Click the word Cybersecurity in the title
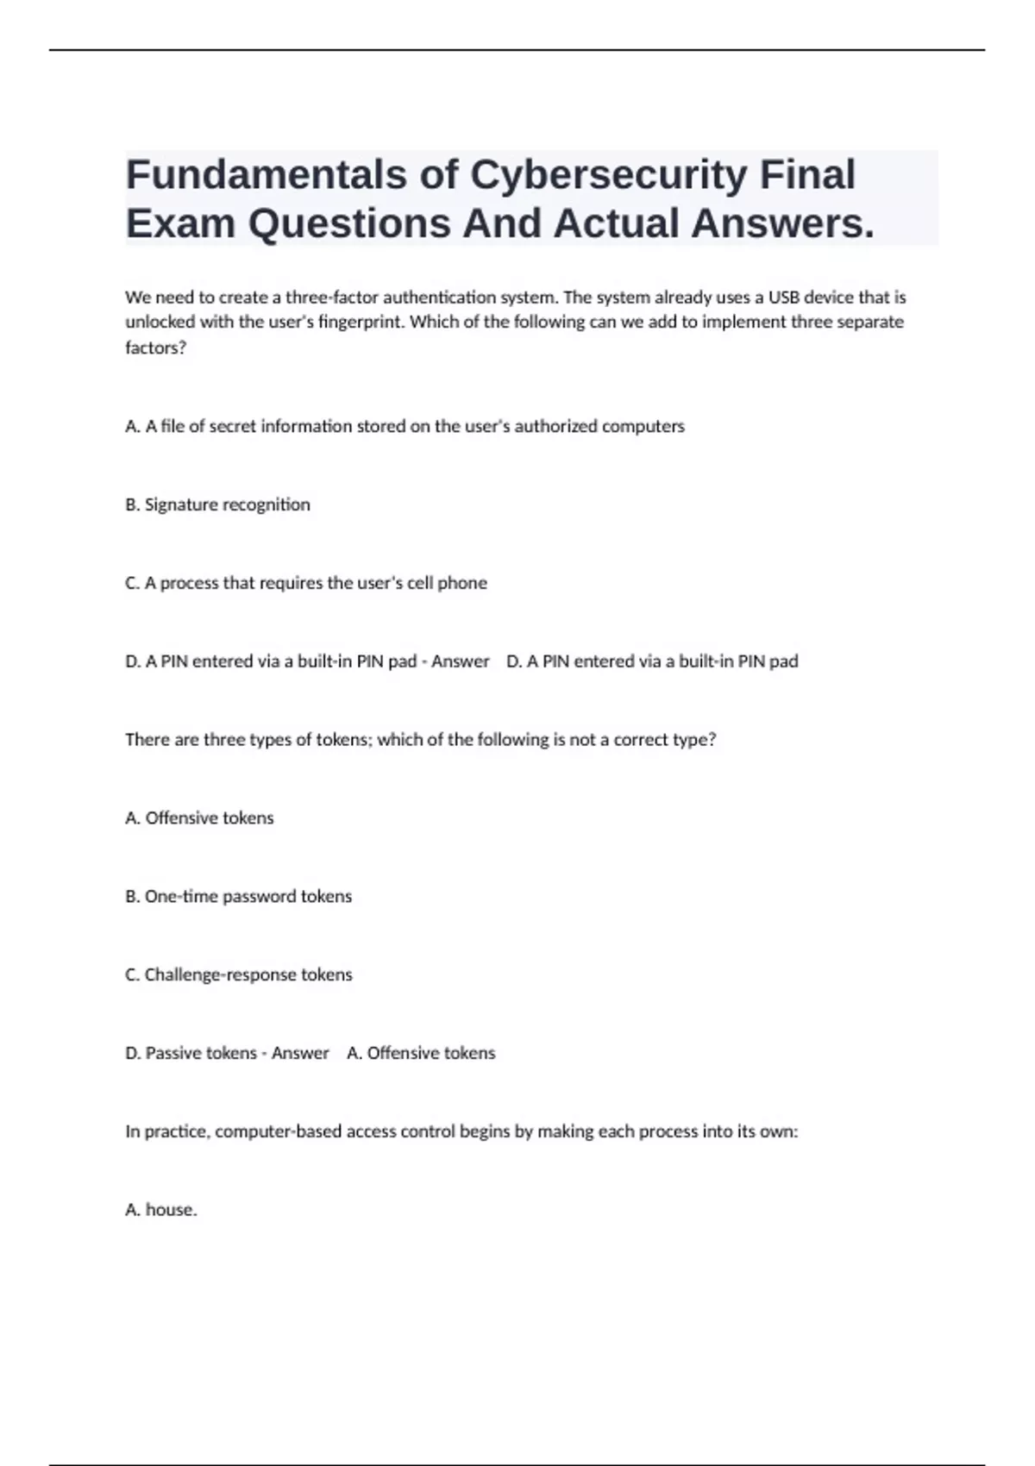[608, 174]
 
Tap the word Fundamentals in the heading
[267, 174]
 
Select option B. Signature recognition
[217, 504]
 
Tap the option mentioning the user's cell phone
[306, 583]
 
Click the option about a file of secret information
[405, 426]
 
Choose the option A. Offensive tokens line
[199, 818]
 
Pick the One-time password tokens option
[238, 896]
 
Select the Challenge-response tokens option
[239, 974]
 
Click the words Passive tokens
[201, 1053]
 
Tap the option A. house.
[161, 1210]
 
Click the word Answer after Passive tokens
[300, 1053]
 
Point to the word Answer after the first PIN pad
[460, 661]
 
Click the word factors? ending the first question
[155, 348]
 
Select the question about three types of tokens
[420, 740]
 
